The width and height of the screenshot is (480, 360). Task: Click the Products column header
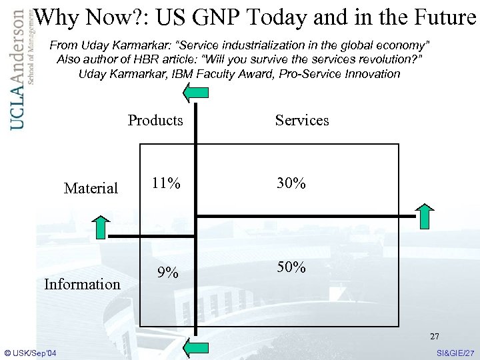155,120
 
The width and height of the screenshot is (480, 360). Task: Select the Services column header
302,120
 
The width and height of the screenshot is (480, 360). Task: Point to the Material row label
91,189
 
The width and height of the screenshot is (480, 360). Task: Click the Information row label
82,285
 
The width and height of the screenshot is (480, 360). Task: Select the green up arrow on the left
99,227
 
